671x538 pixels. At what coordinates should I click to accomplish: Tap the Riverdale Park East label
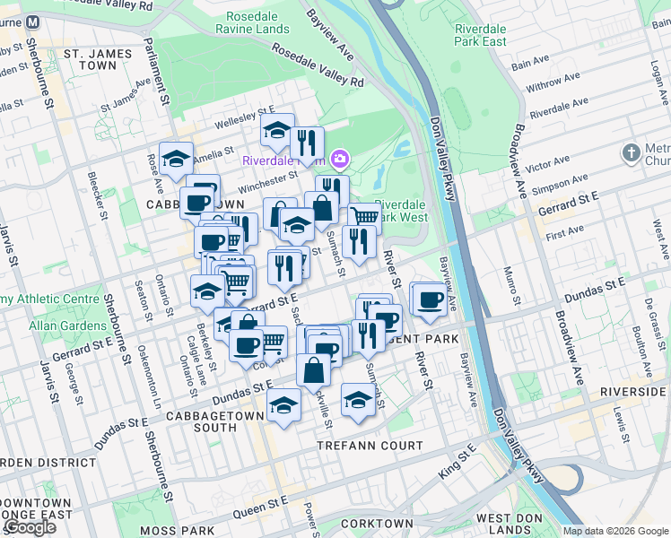480,35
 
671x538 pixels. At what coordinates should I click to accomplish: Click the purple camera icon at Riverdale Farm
339,160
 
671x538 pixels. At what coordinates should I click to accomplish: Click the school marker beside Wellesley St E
278,130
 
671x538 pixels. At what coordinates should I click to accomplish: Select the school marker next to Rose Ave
176,157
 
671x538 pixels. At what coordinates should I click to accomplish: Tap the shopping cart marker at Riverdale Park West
364,216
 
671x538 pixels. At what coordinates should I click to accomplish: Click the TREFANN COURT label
369,446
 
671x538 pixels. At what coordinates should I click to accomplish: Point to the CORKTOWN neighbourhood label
377,524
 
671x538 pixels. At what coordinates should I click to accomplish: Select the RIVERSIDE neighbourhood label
636,392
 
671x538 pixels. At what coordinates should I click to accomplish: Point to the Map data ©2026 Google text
614,531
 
